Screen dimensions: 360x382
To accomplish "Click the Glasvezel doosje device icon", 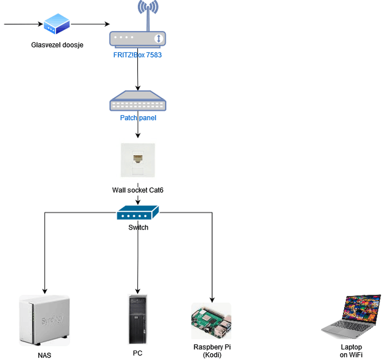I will pos(57,24).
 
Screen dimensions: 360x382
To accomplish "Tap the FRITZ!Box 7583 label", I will pos(137,54).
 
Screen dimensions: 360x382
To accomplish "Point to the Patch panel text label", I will pos(138,118).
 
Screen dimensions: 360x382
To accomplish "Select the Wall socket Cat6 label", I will pos(138,190).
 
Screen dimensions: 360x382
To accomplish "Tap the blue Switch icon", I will pos(138,212).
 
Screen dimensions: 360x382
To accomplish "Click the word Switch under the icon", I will pos(138,227).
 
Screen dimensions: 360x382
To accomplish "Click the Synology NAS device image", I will pos(44,320).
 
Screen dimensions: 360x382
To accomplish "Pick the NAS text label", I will pos(45,355).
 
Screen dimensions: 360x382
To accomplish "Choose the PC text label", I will pos(138,353).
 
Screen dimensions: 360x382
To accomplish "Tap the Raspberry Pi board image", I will pos(211,321).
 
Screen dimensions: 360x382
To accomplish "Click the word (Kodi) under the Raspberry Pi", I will pos(212,355).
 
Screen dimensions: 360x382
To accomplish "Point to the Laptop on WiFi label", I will pos(351,351).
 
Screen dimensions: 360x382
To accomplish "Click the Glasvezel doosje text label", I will pos(57,45).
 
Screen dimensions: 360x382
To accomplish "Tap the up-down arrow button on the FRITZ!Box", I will pos(158,38).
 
